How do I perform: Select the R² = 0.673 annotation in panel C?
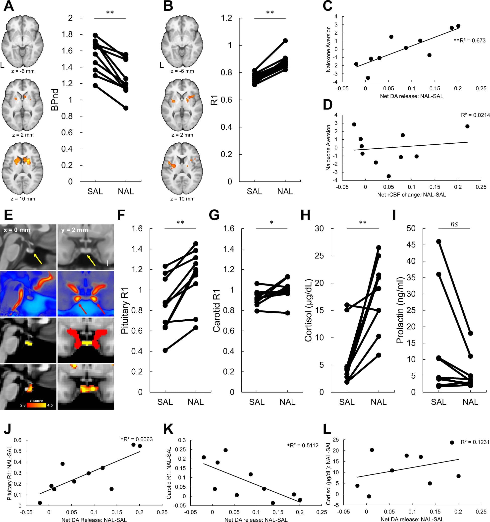pos(470,40)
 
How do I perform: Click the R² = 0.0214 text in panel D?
pos(475,115)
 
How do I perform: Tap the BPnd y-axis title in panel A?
pos(54,100)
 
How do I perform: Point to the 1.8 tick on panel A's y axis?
pos(67,34)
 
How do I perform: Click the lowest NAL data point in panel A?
pos(126,108)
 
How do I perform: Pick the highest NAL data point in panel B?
pos(285,41)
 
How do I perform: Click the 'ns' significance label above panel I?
pos(454,224)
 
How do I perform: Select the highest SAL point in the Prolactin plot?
pos(438,241)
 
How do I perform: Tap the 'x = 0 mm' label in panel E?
pos(17,230)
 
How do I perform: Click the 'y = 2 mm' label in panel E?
pos(75,230)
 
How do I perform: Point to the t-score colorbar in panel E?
pos(37,405)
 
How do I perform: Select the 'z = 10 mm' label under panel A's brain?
pos(23,199)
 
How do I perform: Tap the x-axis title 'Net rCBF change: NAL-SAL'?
pos(411,195)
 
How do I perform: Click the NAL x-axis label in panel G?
pos(287,402)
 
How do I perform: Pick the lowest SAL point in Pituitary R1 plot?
pos(165,350)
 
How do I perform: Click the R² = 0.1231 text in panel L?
pos(475,442)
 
